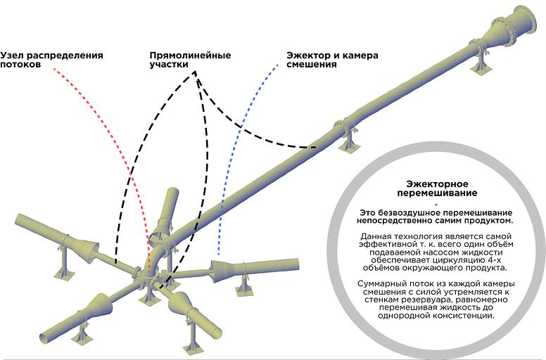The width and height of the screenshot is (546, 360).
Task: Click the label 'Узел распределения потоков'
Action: (51, 59)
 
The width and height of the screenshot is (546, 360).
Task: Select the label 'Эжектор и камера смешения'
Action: (332, 59)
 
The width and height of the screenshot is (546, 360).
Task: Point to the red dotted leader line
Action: (113, 134)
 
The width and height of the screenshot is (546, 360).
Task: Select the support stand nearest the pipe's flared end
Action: (482, 63)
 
